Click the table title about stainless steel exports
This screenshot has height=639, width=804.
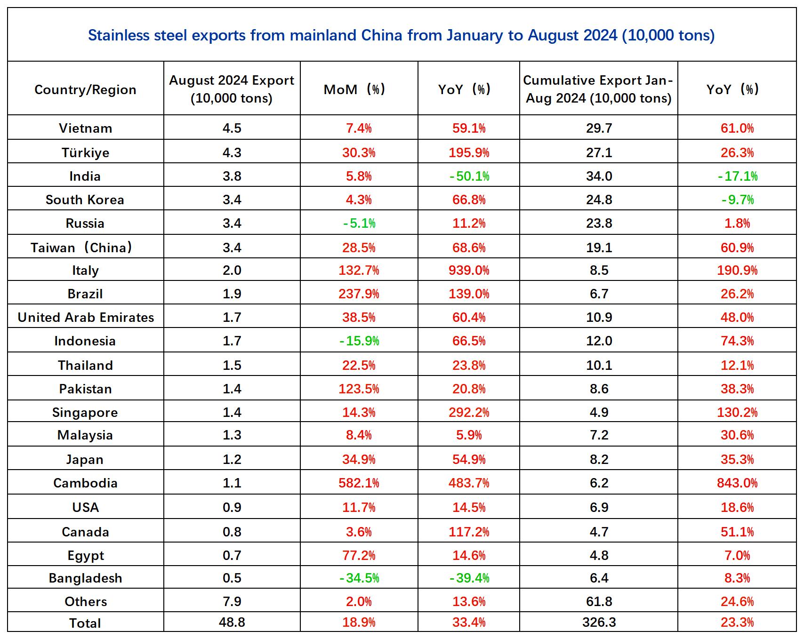pos(401,35)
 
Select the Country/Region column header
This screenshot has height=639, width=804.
pos(85,89)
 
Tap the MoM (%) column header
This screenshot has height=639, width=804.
pos(359,89)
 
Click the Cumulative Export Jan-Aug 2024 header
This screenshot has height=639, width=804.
pos(598,89)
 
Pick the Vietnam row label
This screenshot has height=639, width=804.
pos(85,128)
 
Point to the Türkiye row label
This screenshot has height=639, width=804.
pos(85,152)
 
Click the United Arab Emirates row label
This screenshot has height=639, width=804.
pos(86,317)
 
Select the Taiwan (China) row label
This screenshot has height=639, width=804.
pos(81,248)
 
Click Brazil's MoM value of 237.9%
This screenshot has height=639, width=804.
pos(359,294)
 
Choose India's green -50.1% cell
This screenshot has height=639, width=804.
pos(469,176)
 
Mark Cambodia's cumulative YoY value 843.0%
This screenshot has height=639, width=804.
pos(737,483)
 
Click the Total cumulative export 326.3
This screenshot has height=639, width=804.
pos(599,622)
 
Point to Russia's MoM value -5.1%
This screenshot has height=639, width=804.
pos(359,223)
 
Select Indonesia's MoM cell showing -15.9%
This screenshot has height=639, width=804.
pos(359,341)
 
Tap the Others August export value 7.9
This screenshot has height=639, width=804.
pos(232,601)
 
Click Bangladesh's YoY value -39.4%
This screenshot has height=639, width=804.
pos(469,578)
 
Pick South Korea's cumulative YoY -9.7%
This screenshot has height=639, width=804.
pos(738,200)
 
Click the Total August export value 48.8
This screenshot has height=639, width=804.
pos(232,622)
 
